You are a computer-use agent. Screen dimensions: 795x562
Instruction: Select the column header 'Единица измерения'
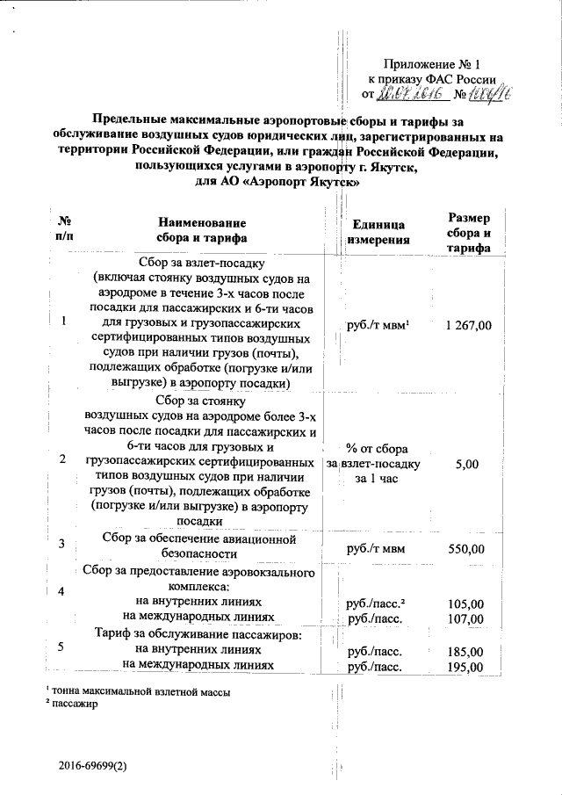click(x=377, y=231)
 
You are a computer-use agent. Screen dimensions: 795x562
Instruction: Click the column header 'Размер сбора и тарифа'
click(x=469, y=233)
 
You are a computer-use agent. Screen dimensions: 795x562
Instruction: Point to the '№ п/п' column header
click(x=63, y=230)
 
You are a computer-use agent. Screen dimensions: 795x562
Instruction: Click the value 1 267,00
click(x=468, y=325)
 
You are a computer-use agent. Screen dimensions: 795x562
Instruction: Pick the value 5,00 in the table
click(x=468, y=463)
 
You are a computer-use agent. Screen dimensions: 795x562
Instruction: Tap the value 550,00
click(x=465, y=549)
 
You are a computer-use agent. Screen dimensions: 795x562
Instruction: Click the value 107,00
click(x=465, y=619)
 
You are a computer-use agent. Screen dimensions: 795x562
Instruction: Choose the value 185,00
click(x=465, y=651)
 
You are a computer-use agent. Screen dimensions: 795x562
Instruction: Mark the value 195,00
click(x=465, y=667)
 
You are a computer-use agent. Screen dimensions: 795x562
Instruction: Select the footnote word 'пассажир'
click(x=75, y=703)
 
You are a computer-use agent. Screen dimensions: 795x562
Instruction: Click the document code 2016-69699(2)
click(x=94, y=766)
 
